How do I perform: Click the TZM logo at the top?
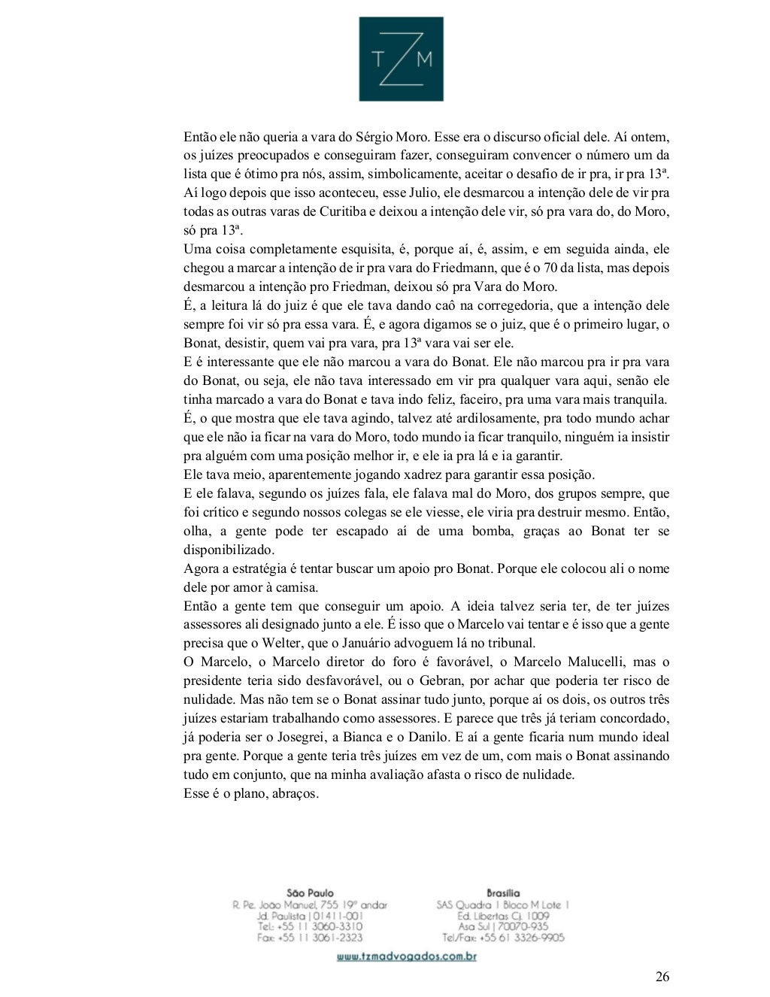point(401,59)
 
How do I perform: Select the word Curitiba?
point(326,211)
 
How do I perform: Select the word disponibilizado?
point(229,550)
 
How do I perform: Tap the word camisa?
point(299,588)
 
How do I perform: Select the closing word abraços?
point(294,793)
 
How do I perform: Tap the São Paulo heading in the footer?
point(310,892)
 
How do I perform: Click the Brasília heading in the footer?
point(503,892)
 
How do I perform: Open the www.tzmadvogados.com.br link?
point(406,957)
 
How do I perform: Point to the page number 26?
point(662,977)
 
